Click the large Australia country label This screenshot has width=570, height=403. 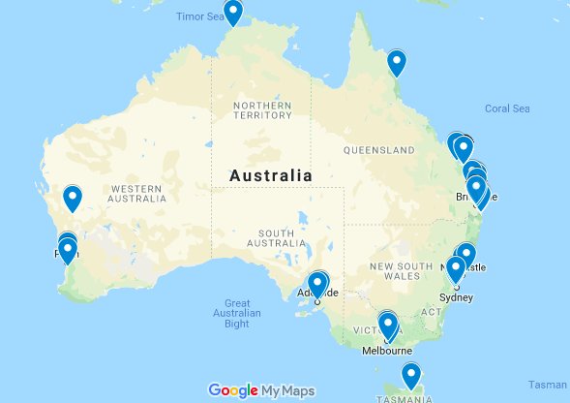[270, 175]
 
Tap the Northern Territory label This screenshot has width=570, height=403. [261, 109]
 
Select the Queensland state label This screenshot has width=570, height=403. [379, 150]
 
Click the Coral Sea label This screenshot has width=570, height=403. [509, 108]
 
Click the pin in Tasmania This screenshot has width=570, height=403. [412, 375]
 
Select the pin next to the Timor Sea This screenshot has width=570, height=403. [234, 13]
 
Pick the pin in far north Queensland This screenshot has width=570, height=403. [397, 63]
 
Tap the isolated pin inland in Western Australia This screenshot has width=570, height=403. [73, 199]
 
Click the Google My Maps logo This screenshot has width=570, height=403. [261, 390]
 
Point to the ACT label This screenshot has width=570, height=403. [432, 312]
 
